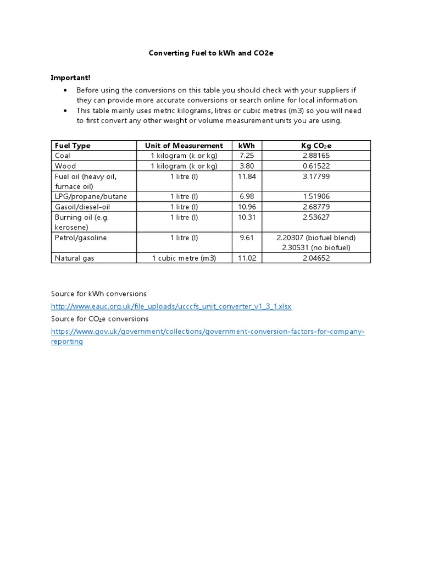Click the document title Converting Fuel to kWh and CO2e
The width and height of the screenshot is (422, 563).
[211, 53]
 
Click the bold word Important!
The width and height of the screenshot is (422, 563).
[71, 78]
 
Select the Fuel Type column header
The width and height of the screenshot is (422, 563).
[73, 146]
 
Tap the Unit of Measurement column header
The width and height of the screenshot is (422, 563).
[184, 146]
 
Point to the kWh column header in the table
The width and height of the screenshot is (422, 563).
[247, 146]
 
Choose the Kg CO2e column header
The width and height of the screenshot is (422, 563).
[316, 146]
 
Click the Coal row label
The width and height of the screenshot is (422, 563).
[63, 156]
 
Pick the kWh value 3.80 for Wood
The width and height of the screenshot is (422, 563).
[247, 165]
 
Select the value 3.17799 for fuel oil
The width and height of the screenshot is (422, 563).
[316, 176]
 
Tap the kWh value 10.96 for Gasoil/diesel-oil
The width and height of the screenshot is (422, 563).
[247, 206]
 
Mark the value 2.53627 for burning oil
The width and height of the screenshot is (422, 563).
[316, 217]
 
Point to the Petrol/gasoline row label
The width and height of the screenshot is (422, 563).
[81, 238]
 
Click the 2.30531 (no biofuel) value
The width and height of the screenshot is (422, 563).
[316, 247]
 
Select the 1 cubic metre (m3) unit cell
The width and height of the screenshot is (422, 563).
[184, 258]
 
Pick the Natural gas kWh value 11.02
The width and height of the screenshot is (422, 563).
[247, 258]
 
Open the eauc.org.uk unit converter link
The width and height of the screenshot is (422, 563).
[171, 306]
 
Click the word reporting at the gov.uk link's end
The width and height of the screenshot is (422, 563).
[67, 341]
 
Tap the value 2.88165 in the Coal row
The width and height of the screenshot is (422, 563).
[316, 156]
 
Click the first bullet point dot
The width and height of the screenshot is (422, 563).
[65, 90]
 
